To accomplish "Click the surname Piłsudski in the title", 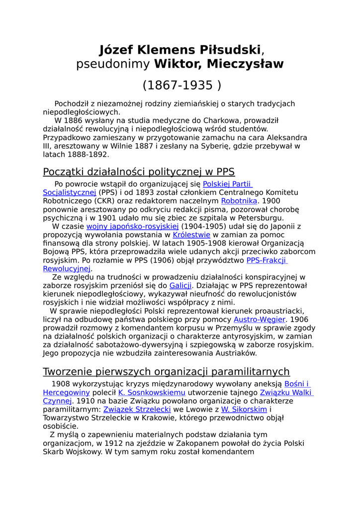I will [x=230, y=50].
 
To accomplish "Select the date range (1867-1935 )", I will [x=182, y=85].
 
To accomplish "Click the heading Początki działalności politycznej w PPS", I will [x=139, y=172].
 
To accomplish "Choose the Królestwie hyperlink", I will [x=191, y=235].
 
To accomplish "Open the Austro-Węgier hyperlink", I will [x=260, y=320].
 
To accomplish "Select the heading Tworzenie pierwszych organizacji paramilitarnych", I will [x=166, y=372].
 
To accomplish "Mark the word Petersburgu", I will [x=260, y=218].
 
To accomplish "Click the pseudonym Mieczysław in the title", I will [x=245, y=64].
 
